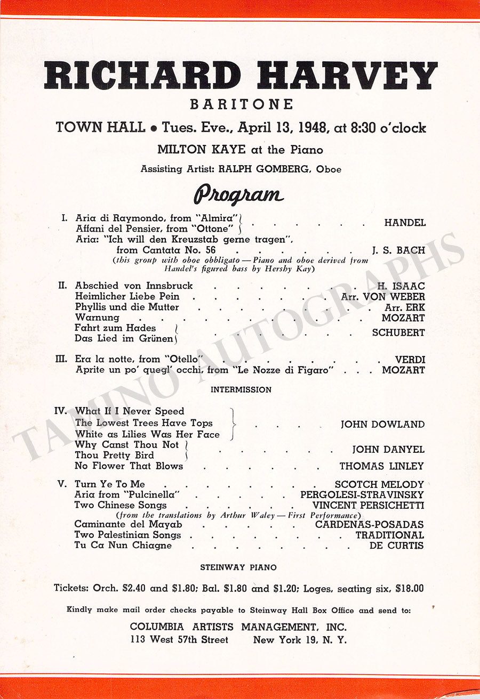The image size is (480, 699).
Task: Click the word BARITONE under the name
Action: point(240,104)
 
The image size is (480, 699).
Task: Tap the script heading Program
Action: point(238,194)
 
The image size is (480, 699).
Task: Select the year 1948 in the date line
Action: point(314,128)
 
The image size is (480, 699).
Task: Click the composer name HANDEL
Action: point(405,223)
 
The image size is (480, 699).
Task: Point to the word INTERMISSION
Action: point(241,390)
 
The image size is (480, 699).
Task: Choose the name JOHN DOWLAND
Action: point(382,425)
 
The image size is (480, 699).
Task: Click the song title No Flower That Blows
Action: point(129,466)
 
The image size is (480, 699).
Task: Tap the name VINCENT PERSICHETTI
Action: point(368,505)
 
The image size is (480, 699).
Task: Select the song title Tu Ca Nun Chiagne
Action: point(123,546)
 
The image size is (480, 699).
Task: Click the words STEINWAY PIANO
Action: point(238,568)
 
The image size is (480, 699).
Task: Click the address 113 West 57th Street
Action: point(179,640)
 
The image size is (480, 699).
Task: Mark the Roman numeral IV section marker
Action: point(60,411)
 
